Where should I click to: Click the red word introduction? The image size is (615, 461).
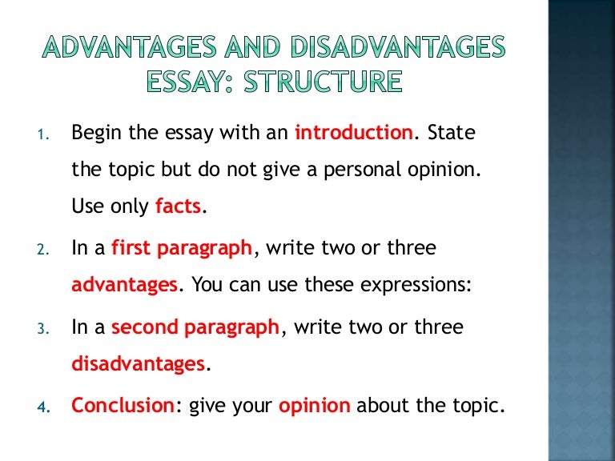(x=355, y=133)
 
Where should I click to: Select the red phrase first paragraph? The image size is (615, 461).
(x=182, y=248)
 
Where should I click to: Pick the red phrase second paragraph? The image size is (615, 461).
(x=196, y=327)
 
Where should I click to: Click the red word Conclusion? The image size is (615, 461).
(x=123, y=405)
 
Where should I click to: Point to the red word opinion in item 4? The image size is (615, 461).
(x=314, y=405)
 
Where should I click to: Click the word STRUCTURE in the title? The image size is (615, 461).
(x=336, y=82)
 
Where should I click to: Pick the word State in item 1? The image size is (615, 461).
(x=451, y=133)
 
